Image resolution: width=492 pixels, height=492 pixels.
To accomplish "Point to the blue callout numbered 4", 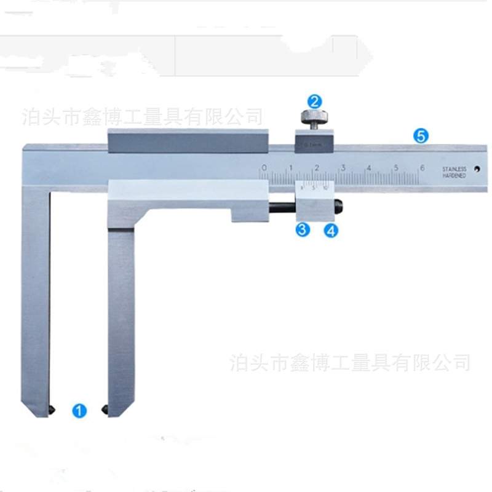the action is point(331,231).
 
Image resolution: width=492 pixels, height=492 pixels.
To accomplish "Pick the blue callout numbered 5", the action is point(421,137).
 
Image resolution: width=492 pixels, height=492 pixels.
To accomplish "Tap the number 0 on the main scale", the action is point(264,167).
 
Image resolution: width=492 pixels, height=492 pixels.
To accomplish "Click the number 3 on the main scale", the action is point(343,167).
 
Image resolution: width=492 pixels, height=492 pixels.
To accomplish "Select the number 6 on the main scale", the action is point(421,167).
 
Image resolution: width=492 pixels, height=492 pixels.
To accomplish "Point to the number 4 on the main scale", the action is point(369,167).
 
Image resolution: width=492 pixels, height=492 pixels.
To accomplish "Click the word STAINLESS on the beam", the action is point(454,169).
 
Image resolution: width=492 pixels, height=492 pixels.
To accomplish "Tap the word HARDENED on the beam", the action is point(454,176).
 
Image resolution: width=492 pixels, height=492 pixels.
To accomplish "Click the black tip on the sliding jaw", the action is point(105,408).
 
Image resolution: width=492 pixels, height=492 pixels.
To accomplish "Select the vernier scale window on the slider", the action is point(315,187).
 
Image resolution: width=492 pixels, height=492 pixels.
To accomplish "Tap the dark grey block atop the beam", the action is point(188,141).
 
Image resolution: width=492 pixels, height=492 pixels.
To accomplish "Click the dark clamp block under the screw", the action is point(314,145).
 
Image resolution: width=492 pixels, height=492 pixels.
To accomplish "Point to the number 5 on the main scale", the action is point(395,167).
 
